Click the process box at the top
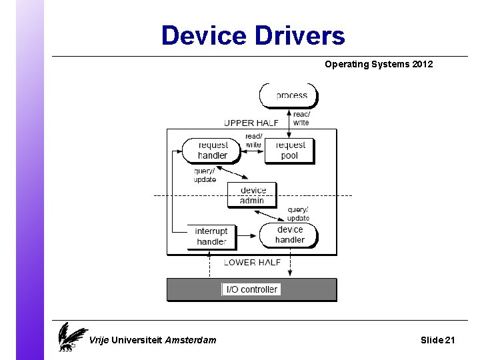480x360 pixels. coord(289,95)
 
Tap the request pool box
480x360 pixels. coord(289,150)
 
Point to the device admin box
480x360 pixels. coord(252,195)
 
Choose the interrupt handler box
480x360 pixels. coord(212,236)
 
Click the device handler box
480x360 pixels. coord(289,235)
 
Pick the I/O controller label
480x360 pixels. coord(251,289)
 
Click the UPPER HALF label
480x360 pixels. coord(251,123)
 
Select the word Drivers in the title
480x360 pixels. coord(305,35)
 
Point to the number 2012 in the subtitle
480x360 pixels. coord(419,65)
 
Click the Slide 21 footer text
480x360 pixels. coord(438,340)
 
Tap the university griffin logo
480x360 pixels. coord(71,337)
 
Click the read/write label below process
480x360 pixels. coord(301,118)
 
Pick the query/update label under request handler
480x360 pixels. coord(205,175)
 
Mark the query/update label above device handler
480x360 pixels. coord(298,214)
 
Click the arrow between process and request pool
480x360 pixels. coord(289,123)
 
